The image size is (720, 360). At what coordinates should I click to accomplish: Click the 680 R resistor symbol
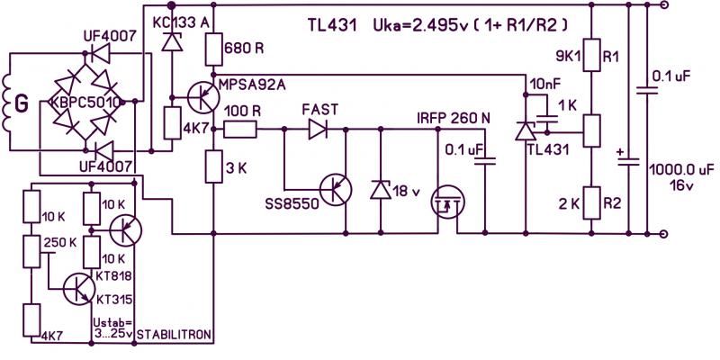(x=214, y=49)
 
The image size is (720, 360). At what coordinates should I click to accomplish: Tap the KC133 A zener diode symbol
(x=171, y=42)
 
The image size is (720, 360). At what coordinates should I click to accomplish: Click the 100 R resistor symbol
(x=240, y=130)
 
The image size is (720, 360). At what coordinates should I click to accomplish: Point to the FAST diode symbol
(x=318, y=130)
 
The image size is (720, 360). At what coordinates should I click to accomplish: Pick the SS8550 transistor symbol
(x=336, y=190)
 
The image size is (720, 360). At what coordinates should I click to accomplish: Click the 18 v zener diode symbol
(x=381, y=189)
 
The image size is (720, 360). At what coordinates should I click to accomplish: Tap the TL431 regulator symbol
(x=525, y=131)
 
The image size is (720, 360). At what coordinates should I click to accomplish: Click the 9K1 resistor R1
(x=592, y=55)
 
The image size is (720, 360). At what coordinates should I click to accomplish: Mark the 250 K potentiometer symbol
(x=31, y=251)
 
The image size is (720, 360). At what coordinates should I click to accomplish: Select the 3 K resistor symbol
(x=214, y=166)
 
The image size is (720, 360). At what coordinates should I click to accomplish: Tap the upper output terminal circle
(x=663, y=5)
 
